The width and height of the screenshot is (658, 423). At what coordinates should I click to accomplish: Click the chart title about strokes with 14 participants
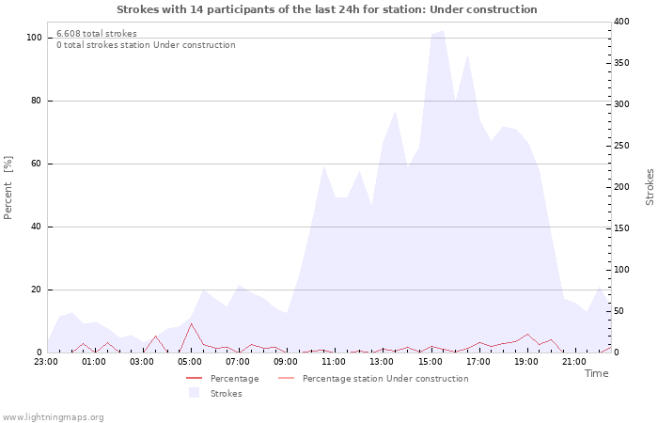click(x=327, y=9)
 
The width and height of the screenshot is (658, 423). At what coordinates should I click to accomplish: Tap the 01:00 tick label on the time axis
click(x=94, y=360)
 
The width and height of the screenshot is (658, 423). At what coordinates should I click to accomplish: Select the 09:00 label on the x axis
click(x=286, y=360)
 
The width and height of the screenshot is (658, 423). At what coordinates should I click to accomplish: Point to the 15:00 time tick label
click(x=431, y=360)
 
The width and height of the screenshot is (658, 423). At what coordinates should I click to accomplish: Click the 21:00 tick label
click(x=574, y=360)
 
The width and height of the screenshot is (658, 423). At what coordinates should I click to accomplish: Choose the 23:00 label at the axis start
click(x=46, y=360)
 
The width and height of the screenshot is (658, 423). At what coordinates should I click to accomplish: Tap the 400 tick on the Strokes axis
click(x=621, y=22)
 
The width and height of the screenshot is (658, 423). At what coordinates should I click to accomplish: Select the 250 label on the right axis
click(x=621, y=146)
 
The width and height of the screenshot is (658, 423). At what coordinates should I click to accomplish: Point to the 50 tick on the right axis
click(x=619, y=311)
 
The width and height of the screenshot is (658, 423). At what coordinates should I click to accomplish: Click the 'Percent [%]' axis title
click(x=8, y=188)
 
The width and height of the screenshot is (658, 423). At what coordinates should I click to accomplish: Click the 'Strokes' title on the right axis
click(x=650, y=187)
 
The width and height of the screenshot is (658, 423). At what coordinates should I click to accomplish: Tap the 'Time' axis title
click(x=596, y=373)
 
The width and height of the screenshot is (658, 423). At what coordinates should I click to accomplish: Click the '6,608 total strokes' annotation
click(x=96, y=34)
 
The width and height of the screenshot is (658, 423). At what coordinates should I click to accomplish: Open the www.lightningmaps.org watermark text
click(x=53, y=416)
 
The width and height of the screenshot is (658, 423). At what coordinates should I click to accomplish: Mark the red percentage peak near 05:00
click(x=191, y=324)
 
